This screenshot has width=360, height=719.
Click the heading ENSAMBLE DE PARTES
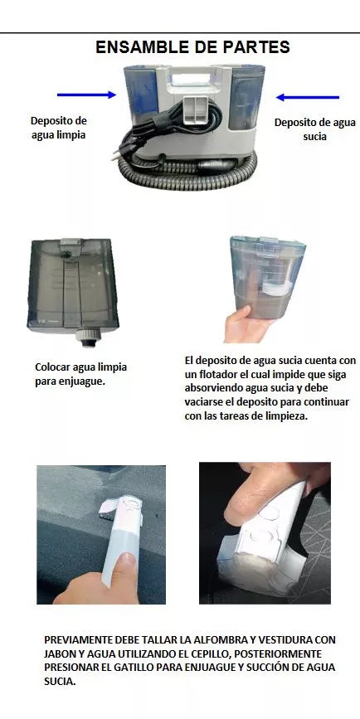[192, 47]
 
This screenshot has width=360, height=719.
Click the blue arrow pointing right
[86, 95]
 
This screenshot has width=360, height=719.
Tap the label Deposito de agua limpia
[58, 128]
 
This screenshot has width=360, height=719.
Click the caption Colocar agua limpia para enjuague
[80, 373]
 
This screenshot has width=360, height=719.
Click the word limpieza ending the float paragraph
[281, 416]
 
